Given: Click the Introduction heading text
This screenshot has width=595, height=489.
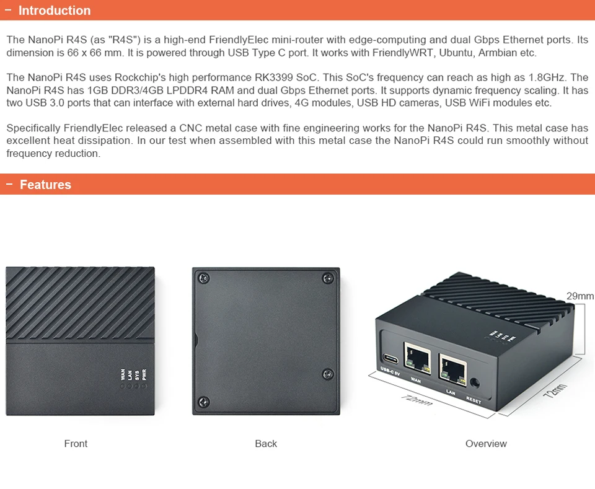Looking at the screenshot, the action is coord(55,11).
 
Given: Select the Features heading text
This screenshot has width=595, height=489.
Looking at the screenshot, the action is coord(45,185).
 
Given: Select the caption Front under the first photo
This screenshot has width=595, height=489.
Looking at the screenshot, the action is coord(76,444).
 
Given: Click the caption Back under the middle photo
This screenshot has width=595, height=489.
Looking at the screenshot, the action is coord(266,444).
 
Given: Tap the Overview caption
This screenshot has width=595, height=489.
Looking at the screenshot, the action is coord(486,444).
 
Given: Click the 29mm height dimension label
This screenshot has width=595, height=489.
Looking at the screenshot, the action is coord(580,296).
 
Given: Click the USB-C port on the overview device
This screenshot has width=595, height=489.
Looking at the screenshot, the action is coord(391,359).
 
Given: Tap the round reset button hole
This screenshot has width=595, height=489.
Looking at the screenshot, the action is coord(475,384).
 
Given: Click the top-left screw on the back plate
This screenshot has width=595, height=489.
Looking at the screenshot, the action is coord(204,278).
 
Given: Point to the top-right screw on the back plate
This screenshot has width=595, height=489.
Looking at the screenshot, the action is coord(328,278).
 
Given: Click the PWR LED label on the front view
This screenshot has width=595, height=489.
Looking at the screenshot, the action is coord(144,374).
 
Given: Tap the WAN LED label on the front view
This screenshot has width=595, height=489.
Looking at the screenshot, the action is coord(123,374).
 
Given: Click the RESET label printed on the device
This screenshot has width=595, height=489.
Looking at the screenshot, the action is coord(474,401).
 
